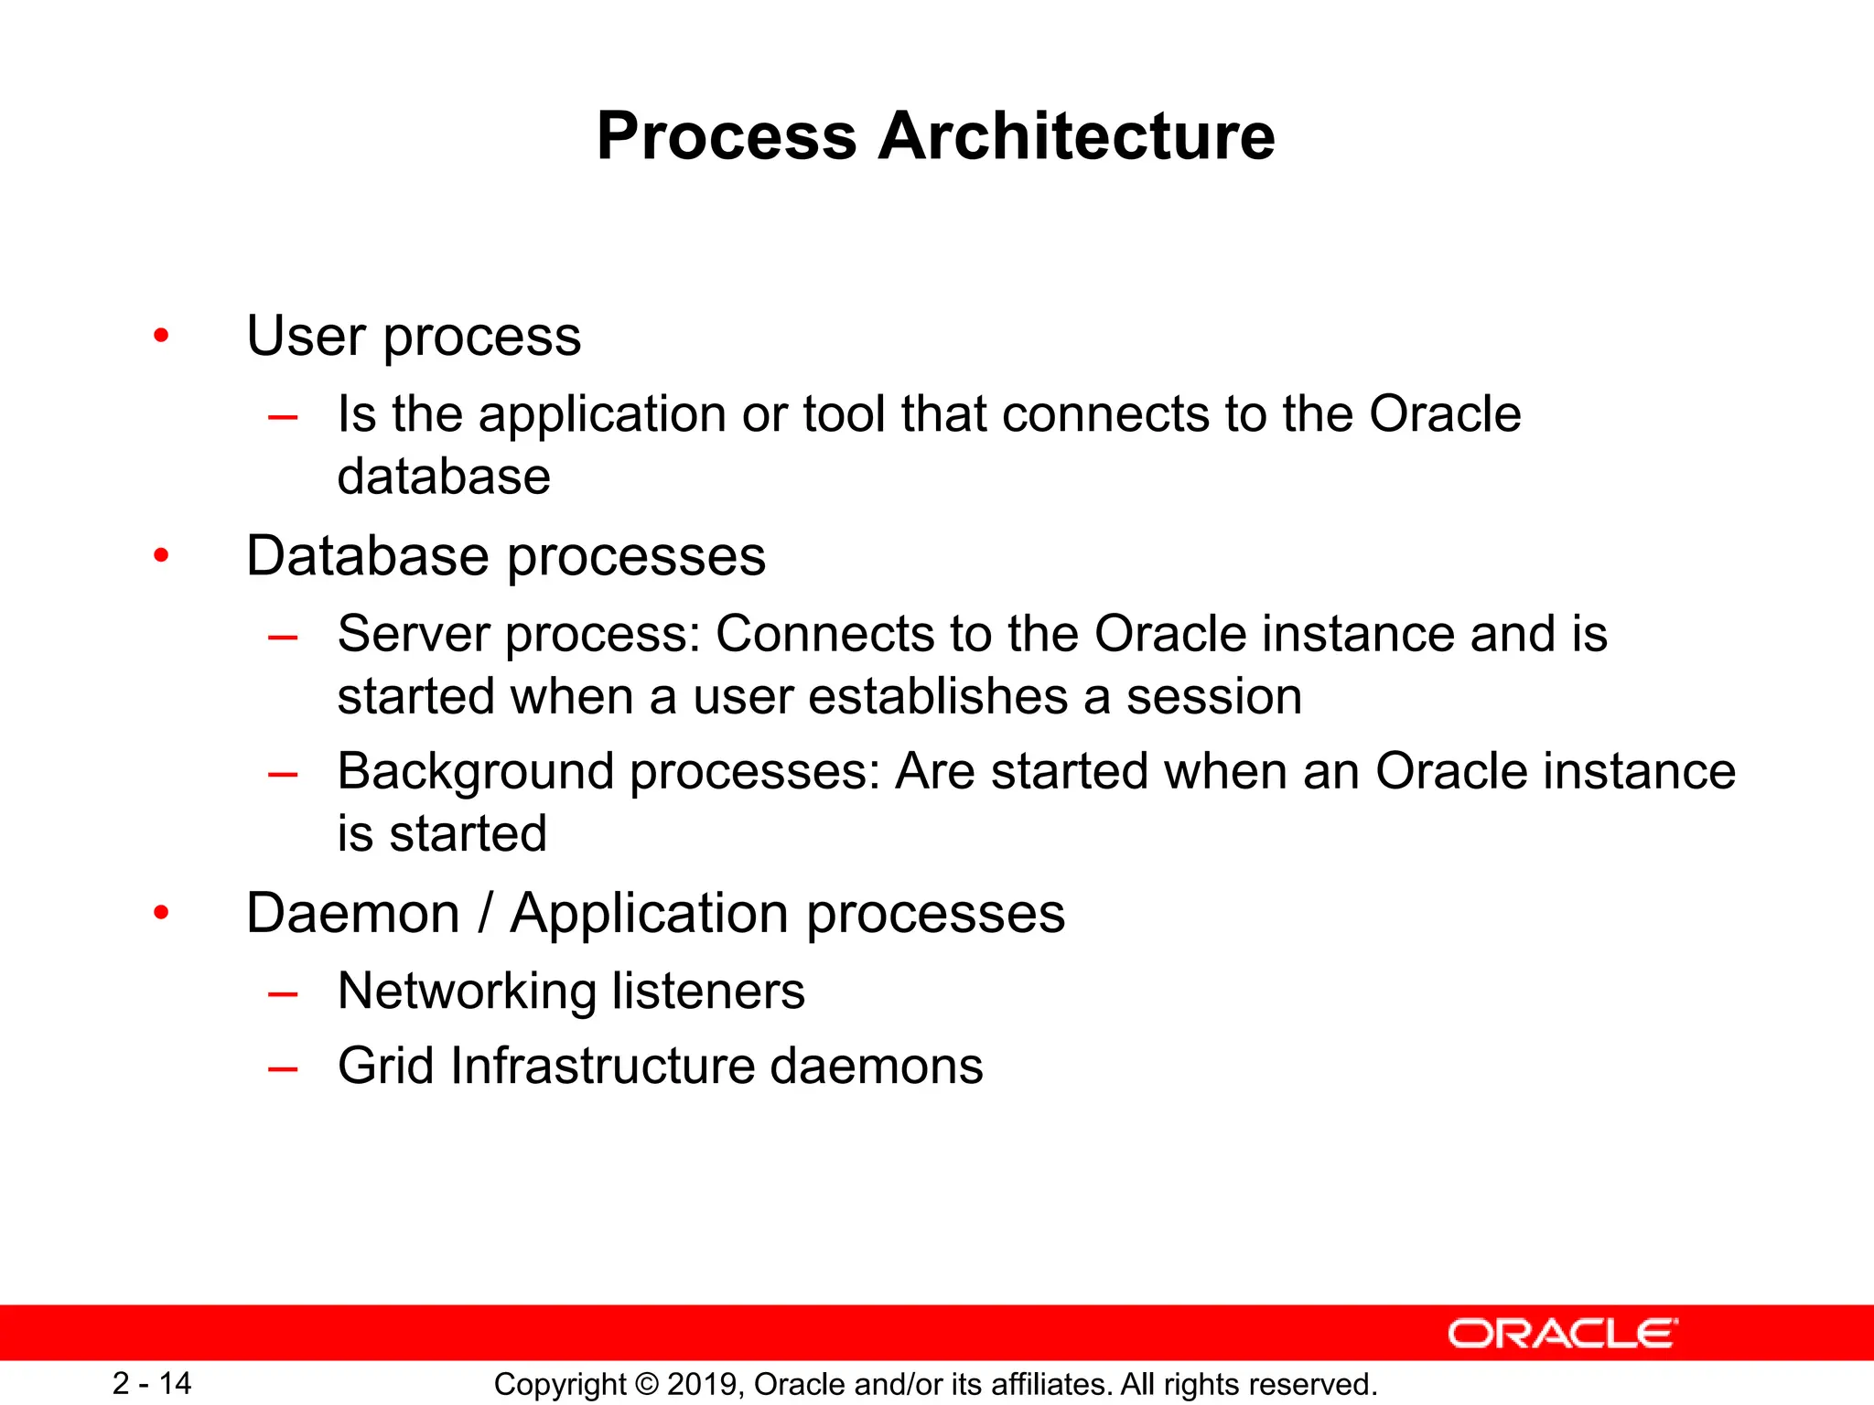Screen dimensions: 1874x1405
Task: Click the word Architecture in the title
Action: tap(1076, 137)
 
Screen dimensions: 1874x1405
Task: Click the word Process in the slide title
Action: tap(727, 137)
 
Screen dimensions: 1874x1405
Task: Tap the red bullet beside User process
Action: tap(162, 336)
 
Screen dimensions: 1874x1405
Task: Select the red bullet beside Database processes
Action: tap(162, 555)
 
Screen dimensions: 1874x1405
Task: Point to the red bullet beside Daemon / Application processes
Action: tap(162, 912)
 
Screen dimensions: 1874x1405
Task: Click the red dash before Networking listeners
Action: tap(283, 993)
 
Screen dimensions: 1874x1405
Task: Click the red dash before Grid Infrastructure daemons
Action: tap(283, 1068)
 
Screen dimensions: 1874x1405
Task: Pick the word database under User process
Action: tap(444, 477)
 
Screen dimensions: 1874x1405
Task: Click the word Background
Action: tap(475, 771)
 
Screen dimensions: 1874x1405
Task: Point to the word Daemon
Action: tap(352, 913)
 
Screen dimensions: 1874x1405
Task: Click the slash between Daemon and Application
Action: tap(485, 913)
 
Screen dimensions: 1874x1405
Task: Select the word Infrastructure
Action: tap(602, 1066)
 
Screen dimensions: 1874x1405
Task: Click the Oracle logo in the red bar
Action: tap(1562, 1334)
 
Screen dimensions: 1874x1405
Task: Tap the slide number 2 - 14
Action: tap(152, 1383)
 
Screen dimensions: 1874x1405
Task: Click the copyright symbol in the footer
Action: tap(646, 1385)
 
